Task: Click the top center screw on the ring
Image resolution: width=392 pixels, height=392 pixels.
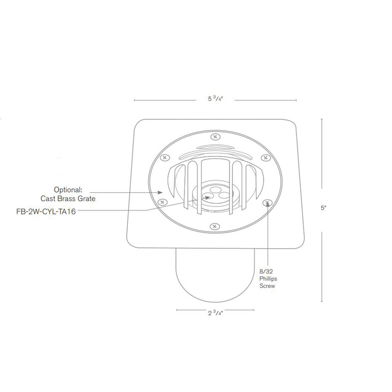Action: pos(214,137)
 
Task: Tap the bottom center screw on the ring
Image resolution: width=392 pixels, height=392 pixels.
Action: pos(214,227)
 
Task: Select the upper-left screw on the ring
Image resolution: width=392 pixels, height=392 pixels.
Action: pos(164,157)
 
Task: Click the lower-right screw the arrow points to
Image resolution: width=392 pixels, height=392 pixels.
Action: pos(267,203)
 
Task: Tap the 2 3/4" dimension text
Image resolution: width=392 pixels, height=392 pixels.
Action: pos(215,313)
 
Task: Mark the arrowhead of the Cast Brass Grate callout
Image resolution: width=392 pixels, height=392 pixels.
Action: pos(161,192)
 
